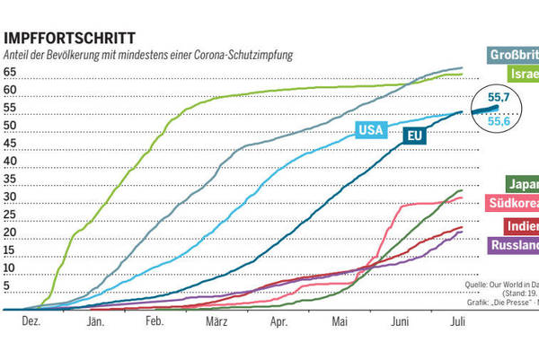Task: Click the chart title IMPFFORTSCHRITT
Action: pyautogui.click(x=71, y=39)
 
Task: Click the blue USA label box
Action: pyautogui.click(x=370, y=129)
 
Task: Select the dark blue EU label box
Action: pyautogui.click(x=414, y=136)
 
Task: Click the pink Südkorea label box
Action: pyautogui.click(x=513, y=205)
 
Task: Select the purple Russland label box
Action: pyautogui.click(x=514, y=245)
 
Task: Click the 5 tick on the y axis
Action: pyautogui.click(x=7, y=287)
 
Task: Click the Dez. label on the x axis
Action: pyautogui.click(x=31, y=320)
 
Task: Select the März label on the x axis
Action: pyautogui.click(x=215, y=320)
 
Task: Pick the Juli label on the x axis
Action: pyautogui.click(x=457, y=320)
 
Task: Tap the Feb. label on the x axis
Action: pyautogui.click(x=154, y=320)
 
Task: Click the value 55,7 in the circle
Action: pyautogui.click(x=499, y=95)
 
